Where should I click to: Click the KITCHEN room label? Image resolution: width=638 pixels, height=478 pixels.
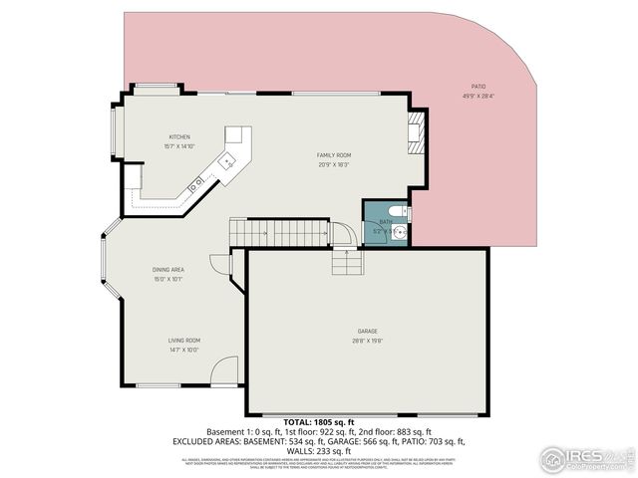179,136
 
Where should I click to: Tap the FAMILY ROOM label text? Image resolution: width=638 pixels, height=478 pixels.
334,155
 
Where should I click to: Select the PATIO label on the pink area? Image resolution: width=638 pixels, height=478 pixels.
479,88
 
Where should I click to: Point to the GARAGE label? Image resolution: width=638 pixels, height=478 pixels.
368,331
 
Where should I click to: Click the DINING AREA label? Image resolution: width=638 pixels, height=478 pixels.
167,270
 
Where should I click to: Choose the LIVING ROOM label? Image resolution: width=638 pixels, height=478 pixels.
183,340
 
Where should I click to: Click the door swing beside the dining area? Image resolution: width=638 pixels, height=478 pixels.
220,264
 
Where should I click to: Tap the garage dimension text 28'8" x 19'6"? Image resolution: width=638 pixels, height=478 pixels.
368,341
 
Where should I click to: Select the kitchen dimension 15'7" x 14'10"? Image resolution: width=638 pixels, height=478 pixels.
179,146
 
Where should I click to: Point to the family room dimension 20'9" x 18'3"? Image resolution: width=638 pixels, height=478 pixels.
334,164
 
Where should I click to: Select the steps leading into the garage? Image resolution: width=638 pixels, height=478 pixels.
346,262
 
